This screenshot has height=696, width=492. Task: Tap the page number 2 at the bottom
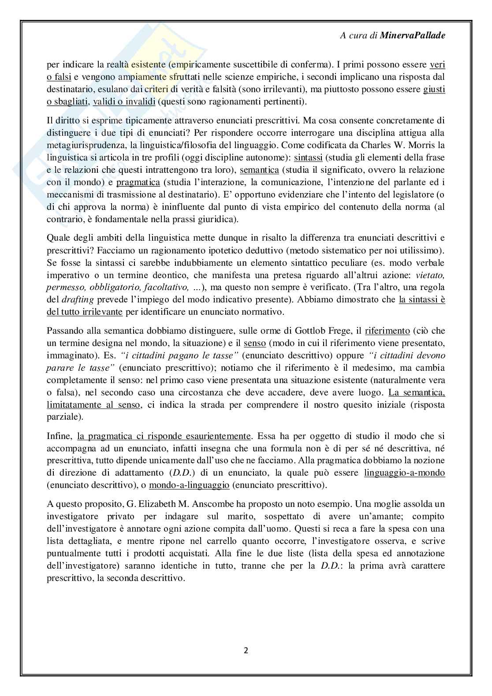pyautogui.click(x=246, y=651)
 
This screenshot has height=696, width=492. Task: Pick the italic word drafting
pyautogui.click(x=73, y=300)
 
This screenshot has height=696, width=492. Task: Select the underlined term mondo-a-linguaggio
pyautogui.click(x=189, y=485)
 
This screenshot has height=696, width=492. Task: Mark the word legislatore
pyautogui.click(x=410, y=194)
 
